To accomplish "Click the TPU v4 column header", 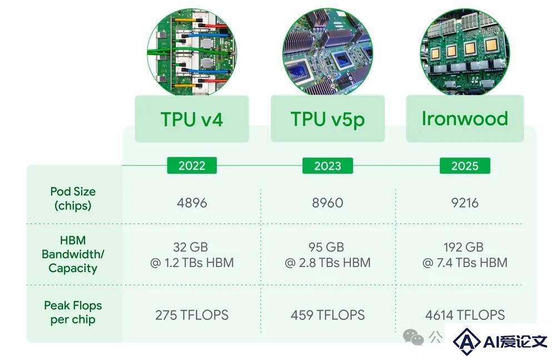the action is coord(192,119).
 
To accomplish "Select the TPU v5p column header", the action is coord(327,119).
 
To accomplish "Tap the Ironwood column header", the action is coord(465,119).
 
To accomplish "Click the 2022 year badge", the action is coord(192,166).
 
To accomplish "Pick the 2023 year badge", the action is coord(327,166).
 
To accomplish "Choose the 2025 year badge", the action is coord(465,166).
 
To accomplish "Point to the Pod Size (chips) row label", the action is coord(73,199).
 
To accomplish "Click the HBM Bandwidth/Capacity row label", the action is coord(73,254).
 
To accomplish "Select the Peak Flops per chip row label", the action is coord(73,312).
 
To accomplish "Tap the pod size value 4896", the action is coord(192,203).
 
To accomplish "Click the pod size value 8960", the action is coord(327,203).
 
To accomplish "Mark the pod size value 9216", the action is coord(465,203).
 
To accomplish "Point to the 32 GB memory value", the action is coord(190,247).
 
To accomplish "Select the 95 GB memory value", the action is coord(326,247).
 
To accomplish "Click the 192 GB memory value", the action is coord(464,247).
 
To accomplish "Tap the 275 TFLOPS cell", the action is coord(192,315).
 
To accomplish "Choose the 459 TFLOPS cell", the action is coord(327,315).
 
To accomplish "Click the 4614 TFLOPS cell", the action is coord(465,315).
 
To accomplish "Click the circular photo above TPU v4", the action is coord(192,52).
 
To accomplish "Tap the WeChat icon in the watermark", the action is coord(413,337).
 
